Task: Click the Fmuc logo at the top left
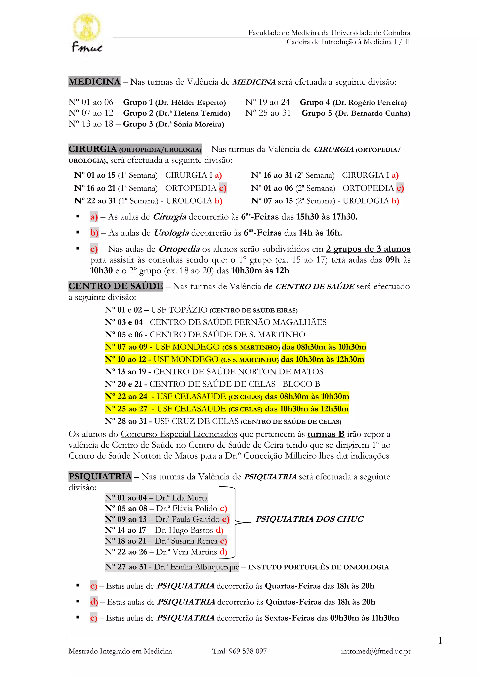click(87, 33)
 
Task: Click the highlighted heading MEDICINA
click(94, 82)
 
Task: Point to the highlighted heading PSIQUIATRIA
click(100, 476)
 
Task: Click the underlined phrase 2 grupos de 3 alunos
click(368, 249)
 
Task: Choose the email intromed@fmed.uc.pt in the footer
click(375, 651)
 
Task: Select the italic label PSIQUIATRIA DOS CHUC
click(309, 519)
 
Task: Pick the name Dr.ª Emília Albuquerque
click(196, 567)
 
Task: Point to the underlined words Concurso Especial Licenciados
click(179, 434)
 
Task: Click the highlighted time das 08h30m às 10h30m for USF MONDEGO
click(324, 347)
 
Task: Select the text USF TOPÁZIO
click(179, 310)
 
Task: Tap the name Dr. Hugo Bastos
click(184, 530)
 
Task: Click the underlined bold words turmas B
click(326, 434)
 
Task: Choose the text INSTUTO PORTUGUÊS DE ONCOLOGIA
click(319, 567)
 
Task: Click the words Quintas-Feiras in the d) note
click(294, 602)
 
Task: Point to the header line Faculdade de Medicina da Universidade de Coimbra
click(329, 33)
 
